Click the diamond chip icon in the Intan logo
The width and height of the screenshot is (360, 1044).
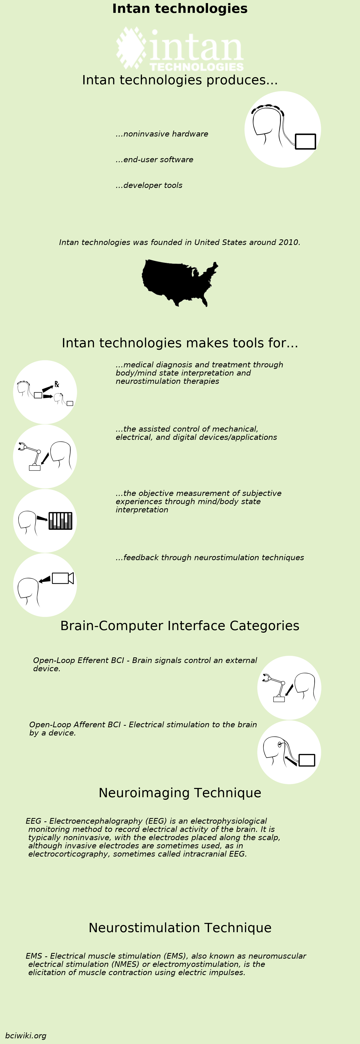(131, 47)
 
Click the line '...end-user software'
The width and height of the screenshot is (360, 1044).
(155, 160)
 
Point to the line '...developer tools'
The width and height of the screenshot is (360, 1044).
(149, 185)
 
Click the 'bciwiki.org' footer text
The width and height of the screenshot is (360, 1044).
(25, 1036)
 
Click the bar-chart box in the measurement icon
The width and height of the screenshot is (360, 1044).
(60, 521)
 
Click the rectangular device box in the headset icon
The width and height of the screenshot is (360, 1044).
(305, 141)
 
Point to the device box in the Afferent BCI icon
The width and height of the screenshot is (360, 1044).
(307, 760)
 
